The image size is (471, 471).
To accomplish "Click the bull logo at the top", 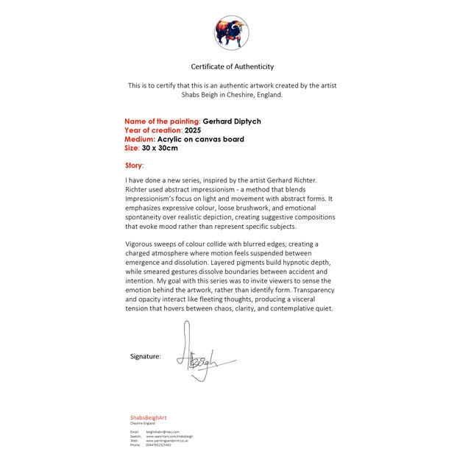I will pyautogui.click(x=231, y=32).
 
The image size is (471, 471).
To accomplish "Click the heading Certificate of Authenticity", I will pyautogui.click(x=232, y=67).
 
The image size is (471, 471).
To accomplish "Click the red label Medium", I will pyautogui.click(x=140, y=138).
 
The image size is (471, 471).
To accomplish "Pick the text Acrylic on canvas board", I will pyautogui.click(x=200, y=138).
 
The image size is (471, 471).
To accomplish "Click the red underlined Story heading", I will pyautogui.click(x=135, y=166).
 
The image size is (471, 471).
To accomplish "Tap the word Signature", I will pyautogui.click(x=145, y=356).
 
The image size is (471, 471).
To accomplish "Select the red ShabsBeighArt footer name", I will pyautogui.click(x=149, y=417).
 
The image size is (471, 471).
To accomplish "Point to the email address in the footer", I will pyautogui.click(x=163, y=431).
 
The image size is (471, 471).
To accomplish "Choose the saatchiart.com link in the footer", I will pyautogui.click(x=169, y=436).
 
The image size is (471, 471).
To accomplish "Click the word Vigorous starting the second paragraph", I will pyautogui.click(x=141, y=244).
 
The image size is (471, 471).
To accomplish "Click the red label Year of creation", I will pyautogui.click(x=153, y=130).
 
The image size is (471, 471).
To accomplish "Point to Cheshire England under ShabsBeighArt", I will pyautogui.click(x=144, y=423).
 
